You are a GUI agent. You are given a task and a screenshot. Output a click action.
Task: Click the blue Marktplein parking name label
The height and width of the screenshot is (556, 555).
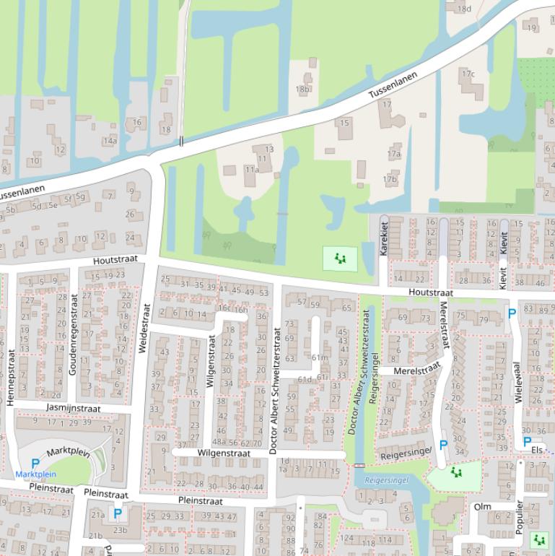[x=35, y=474]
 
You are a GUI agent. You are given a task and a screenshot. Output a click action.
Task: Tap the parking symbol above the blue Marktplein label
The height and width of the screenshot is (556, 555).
[x=35, y=463]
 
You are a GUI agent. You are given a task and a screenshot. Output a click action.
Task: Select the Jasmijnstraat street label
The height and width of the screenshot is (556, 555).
[x=73, y=408]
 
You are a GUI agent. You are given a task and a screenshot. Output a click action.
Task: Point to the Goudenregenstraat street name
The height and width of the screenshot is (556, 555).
[x=73, y=334]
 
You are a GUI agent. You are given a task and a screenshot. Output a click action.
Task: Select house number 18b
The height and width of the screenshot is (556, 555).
[x=302, y=90]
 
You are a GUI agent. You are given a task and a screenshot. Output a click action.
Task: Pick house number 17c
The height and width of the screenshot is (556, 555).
[x=468, y=74]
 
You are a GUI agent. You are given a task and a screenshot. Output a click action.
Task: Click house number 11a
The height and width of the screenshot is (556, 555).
[x=251, y=170]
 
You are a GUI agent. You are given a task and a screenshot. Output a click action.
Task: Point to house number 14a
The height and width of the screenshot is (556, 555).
[x=109, y=141]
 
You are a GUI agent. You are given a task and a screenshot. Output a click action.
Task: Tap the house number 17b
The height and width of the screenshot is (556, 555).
[x=390, y=179]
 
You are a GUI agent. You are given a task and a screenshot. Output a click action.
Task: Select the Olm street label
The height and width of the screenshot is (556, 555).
[x=482, y=507]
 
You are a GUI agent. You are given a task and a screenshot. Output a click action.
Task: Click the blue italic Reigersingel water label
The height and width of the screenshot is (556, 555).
[x=387, y=479]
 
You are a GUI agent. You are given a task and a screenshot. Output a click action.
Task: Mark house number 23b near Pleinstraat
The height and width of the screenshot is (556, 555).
[x=119, y=530]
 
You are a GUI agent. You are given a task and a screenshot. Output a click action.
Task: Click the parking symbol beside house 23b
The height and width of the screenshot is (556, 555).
[x=117, y=515]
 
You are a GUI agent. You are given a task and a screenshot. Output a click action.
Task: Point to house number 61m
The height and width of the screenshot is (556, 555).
[x=318, y=357]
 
